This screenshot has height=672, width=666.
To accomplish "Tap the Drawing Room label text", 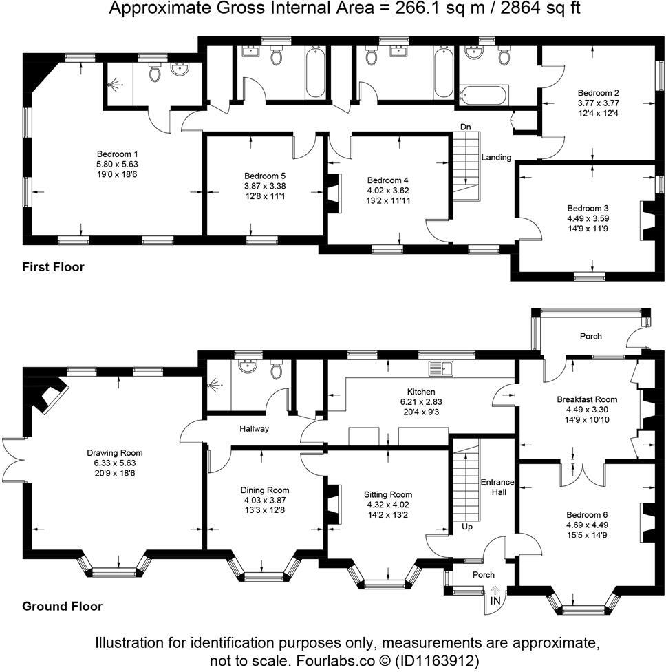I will pyautogui.click(x=115, y=452).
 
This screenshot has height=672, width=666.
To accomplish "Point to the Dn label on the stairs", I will pyautogui.click(x=466, y=127).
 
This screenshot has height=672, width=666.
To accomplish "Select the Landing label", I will pyautogui.click(x=496, y=158).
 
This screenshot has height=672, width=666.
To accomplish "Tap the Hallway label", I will pyautogui.click(x=254, y=428).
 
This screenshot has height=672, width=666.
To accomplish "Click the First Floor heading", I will pyautogui.click(x=53, y=266).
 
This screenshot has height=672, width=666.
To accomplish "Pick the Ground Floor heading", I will pyautogui.click(x=62, y=606).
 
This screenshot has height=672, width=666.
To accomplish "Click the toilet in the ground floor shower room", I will pyautogui.click(x=277, y=369).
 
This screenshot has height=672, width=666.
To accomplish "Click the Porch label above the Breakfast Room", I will pyautogui.click(x=590, y=336).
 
